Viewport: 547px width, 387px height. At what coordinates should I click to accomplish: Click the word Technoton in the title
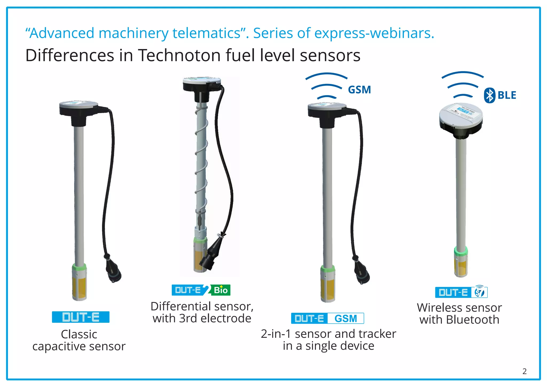[x=179, y=56]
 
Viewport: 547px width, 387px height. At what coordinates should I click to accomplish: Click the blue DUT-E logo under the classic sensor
[x=81, y=317]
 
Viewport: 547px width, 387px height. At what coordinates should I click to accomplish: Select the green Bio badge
[x=221, y=290]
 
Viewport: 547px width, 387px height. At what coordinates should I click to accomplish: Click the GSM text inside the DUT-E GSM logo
[x=346, y=319]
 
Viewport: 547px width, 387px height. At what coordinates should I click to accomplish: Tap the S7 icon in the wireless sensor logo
[x=480, y=292]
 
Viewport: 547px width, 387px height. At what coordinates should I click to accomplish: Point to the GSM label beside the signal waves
[x=360, y=90]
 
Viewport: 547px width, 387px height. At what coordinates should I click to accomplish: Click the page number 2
[x=525, y=371]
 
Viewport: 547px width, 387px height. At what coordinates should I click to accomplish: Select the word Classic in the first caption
[x=79, y=334]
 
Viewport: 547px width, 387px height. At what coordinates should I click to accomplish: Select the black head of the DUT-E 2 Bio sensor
[x=202, y=86]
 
